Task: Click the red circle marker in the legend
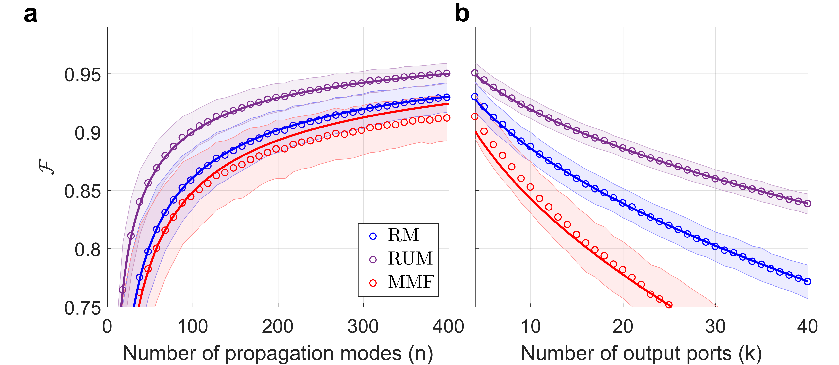click(373, 283)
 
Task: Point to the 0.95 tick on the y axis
click(82, 75)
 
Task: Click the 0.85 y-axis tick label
click(82, 191)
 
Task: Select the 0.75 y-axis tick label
click(82, 308)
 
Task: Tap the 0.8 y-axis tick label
click(87, 250)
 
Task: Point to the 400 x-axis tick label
click(448, 327)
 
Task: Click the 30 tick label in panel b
click(715, 327)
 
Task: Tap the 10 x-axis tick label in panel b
click(531, 327)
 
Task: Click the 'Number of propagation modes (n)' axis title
click(278, 353)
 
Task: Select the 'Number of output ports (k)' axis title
click(641, 353)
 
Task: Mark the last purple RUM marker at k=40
click(807, 204)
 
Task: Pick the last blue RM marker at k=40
click(807, 282)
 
